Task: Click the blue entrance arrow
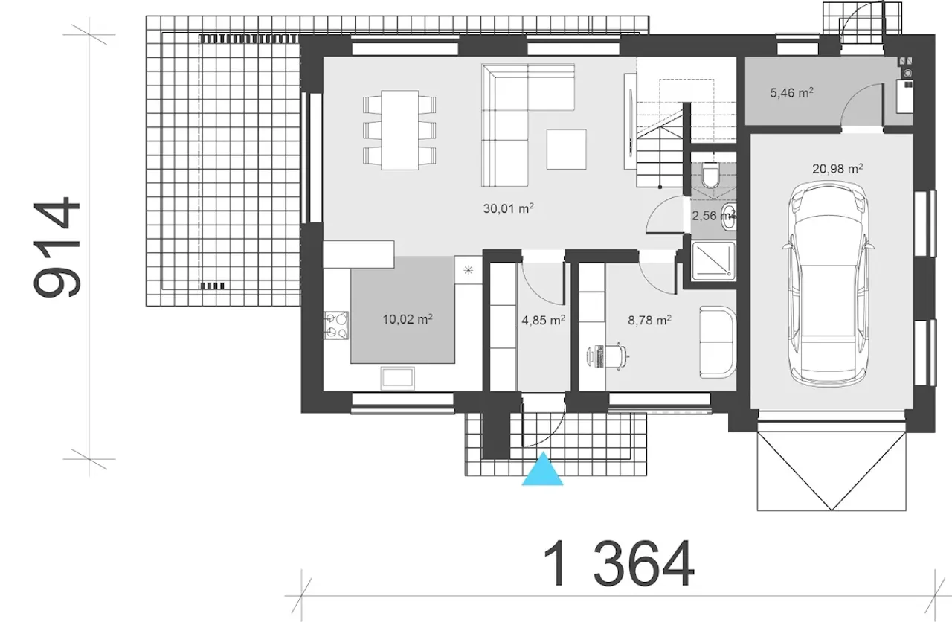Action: click(543, 469)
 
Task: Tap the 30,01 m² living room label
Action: click(508, 208)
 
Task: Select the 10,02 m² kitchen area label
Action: click(408, 319)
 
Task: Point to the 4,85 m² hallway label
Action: click(543, 320)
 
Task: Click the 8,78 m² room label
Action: click(650, 320)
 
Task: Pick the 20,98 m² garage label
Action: click(837, 168)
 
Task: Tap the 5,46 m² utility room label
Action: click(792, 92)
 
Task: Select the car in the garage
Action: click(828, 284)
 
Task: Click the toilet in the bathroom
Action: click(710, 175)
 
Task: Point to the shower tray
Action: click(713, 261)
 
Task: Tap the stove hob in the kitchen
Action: click(336, 325)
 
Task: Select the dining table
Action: click(399, 130)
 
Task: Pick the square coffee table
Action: click(567, 150)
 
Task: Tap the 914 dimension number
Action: click(57, 246)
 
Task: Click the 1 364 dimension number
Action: click(618, 563)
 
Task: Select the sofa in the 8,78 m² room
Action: click(718, 342)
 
